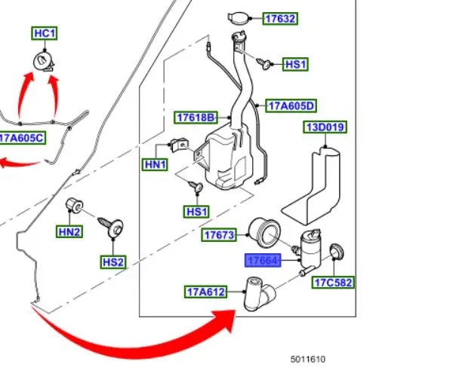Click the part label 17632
point(279,19)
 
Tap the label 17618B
point(196,117)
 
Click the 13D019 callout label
point(325,127)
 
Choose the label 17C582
point(334,283)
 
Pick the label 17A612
point(206,291)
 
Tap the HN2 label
point(69,232)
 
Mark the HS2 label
point(113,261)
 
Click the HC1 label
point(45,33)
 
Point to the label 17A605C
point(23,138)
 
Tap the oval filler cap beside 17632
point(239,18)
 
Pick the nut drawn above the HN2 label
point(75,203)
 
